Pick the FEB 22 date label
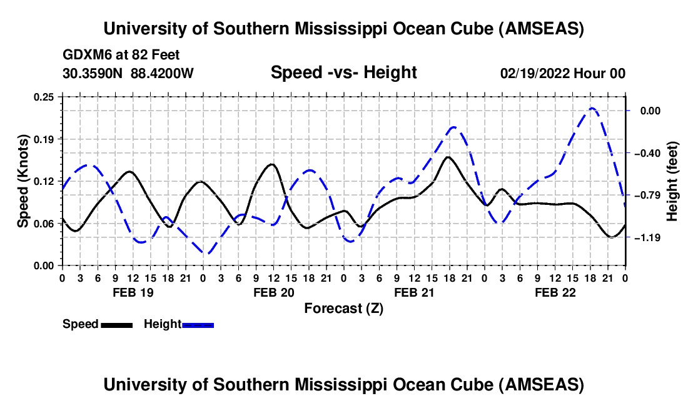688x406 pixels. click(x=555, y=292)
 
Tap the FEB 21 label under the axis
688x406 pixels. click(x=414, y=292)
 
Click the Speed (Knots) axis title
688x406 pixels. click(x=23, y=181)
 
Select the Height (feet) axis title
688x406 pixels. click(x=672, y=181)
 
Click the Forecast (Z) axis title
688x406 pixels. click(x=343, y=308)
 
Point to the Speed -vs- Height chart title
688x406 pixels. click(x=343, y=73)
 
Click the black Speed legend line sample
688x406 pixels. click(x=116, y=325)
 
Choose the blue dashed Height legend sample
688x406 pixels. click(x=198, y=325)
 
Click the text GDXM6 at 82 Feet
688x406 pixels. click(x=121, y=54)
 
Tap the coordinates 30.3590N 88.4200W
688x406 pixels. click(x=128, y=73)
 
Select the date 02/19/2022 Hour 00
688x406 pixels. click(x=562, y=73)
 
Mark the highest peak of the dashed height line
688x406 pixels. click(x=592, y=108)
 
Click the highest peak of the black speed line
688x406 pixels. click(x=448, y=157)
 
